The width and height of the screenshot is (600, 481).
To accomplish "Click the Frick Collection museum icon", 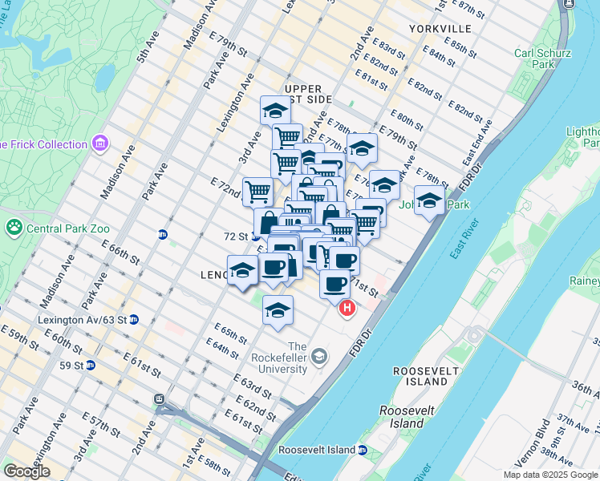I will (x=100, y=144).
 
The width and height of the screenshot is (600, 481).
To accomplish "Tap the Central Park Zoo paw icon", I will (x=14, y=228).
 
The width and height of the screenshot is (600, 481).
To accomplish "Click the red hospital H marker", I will (x=347, y=308).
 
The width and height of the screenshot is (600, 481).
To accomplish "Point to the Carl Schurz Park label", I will (x=543, y=59).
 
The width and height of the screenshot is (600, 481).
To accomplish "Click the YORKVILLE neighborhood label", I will (x=433, y=28).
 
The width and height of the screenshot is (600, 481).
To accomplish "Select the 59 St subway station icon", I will (x=91, y=366).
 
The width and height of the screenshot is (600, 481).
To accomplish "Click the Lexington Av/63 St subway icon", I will (x=134, y=319).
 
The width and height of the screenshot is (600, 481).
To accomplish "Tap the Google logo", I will (x=26, y=472).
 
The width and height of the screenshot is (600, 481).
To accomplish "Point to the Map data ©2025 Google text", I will (x=549, y=475).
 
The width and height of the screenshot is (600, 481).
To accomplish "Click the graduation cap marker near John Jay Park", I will (x=429, y=200).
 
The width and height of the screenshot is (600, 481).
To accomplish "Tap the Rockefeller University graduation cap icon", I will (x=319, y=356).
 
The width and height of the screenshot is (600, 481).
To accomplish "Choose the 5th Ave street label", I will (x=149, y=50).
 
